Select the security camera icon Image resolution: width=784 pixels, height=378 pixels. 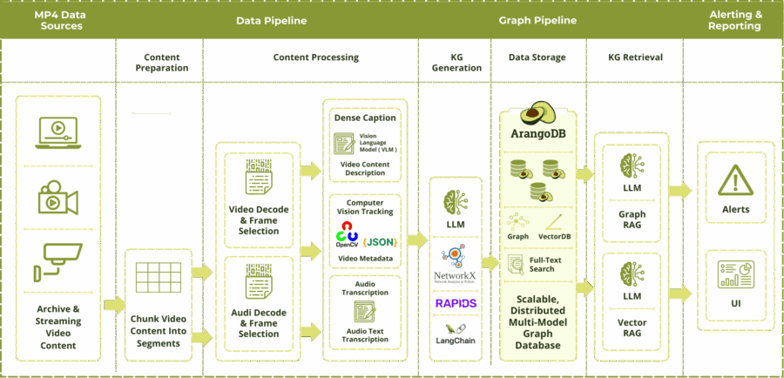coord(57,259)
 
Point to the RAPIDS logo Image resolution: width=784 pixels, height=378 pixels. coord(456,303)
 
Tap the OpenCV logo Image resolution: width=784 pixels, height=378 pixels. coord(347,235)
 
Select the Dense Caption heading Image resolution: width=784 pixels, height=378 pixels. coord(364,118)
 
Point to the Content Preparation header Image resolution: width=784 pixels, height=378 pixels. coord(161,63)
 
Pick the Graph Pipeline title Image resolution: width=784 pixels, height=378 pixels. coord(537,20)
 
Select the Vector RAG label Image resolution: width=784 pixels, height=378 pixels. coord(632,327)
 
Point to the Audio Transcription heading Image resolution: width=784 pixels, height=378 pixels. coord(364,288)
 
